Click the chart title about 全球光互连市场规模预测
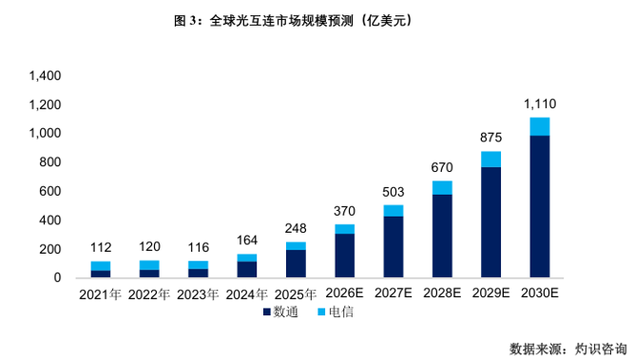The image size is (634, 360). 293,21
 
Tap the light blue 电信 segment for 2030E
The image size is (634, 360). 539,126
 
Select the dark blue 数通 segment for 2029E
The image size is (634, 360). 490,222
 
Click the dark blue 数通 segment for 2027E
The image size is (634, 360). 394,247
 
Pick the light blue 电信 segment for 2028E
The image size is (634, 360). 442,188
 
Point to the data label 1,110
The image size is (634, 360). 540,104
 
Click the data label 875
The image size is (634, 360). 490,138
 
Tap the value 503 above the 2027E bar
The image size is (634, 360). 394,192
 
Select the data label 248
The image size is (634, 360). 296,228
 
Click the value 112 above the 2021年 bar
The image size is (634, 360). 101,247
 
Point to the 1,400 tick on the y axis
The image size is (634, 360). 45,76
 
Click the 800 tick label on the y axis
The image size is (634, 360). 50,162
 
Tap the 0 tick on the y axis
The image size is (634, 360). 57,277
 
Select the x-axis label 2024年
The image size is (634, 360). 246,294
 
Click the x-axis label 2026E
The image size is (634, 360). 344,293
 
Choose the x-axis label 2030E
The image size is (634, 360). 540,293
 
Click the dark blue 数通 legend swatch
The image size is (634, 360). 267,312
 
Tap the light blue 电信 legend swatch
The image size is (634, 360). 322,312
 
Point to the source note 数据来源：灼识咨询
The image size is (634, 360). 567,349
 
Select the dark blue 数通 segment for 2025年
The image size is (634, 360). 296,263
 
